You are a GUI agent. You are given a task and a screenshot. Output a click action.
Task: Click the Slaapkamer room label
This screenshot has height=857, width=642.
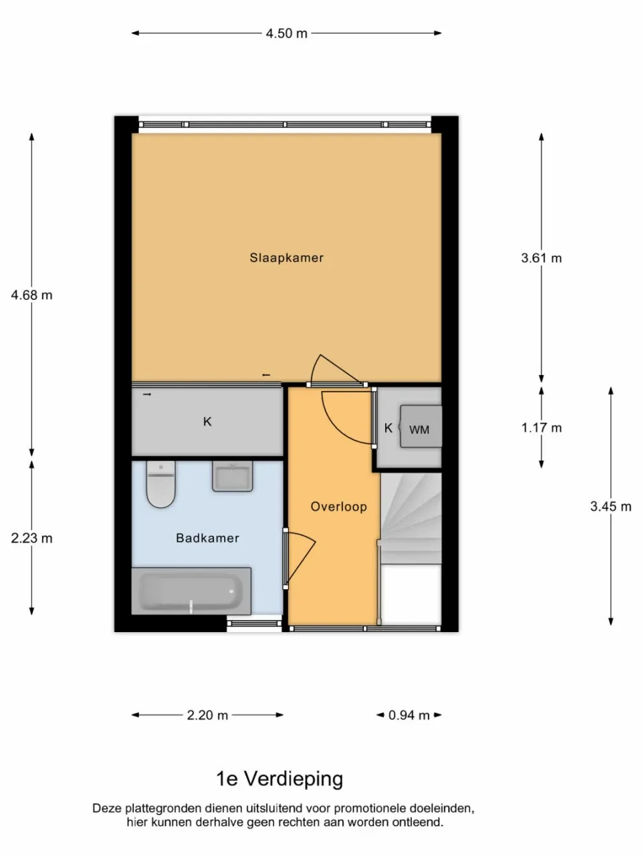tap(286, 258)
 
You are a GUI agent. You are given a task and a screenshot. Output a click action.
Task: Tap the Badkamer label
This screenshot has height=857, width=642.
tap(207, 538)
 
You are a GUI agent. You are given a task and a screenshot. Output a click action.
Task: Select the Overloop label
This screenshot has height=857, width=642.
tap(338, 507)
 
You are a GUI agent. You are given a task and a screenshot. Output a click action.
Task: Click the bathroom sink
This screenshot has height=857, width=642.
tap(232, 477)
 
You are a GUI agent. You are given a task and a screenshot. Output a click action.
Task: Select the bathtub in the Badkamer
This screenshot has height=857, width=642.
tap(191, 591)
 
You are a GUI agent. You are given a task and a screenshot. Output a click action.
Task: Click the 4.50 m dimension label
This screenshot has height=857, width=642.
tap(286, 33)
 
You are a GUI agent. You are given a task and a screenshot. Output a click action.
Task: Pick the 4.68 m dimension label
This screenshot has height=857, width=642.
tap(31, 295)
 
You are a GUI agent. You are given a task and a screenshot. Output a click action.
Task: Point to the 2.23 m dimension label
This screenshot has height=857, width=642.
tap(31, 538)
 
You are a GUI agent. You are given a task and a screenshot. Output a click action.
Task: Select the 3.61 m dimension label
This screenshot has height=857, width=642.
tap(542, 258)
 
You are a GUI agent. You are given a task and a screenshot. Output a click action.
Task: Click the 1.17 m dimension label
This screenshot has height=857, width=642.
tap(542, 428)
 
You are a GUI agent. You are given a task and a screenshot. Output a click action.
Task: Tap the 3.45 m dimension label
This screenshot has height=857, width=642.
tap(611, 507)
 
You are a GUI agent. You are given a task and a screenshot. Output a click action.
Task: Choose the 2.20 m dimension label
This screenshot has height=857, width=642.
tap(207, 715)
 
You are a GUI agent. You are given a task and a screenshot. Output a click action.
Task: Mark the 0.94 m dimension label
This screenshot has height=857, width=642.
tap(409, 715)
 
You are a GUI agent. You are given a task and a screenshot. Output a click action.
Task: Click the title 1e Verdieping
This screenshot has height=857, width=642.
tap(280, 779)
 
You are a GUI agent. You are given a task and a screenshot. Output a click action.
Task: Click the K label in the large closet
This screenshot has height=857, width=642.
tap(207, 422)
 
